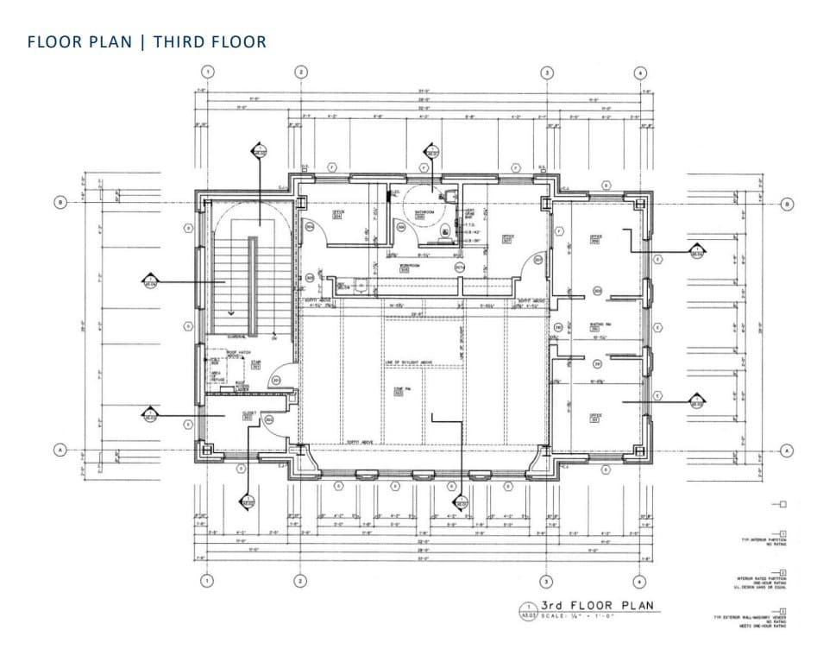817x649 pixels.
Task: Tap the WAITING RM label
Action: [594, 326]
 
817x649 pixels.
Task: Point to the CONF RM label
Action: [399, 390]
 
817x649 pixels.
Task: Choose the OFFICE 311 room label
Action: [594, 417]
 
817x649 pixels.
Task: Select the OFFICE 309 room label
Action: [594, 237]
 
